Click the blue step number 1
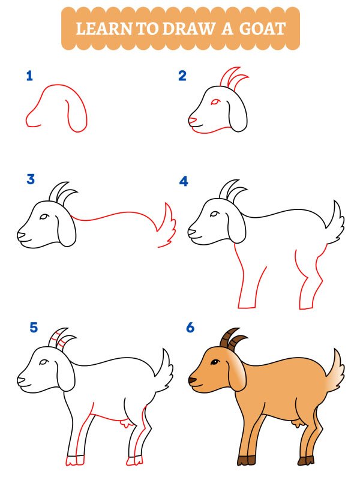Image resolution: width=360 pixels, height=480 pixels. pyautogui.click(x=29, y=76)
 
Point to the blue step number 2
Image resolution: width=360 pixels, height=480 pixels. pyautogui.click(x=182, y=76)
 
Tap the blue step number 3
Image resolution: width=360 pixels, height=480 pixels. pyautogui.click(x=31, y=179)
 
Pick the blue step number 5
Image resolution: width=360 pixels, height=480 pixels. pyautogui.click(x=34, y=328)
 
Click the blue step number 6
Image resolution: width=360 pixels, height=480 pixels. pyautogui.click(x=190, y=328)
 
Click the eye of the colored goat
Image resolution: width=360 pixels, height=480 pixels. pyautogui.click(x=213, y=362)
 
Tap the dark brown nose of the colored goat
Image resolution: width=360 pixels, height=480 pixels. pyautogui.click(x=191, y=380)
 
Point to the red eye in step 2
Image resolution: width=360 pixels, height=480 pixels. pyautogui.click(x=214, y=101)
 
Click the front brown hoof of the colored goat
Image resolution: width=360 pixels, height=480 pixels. pyautogui.click(x=243, y=461)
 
